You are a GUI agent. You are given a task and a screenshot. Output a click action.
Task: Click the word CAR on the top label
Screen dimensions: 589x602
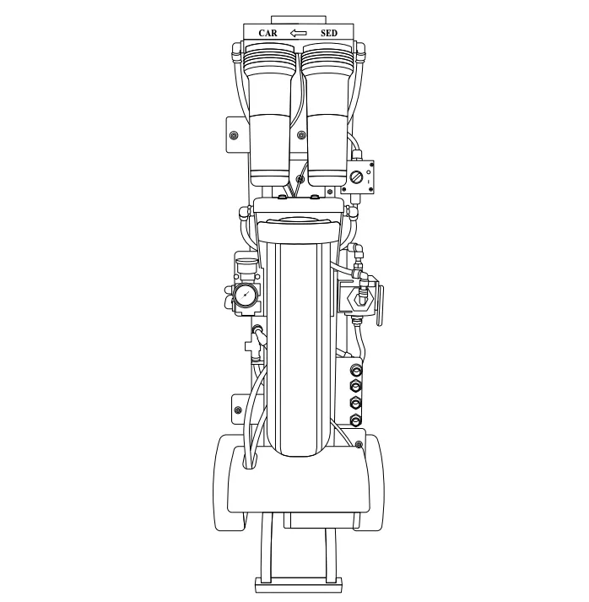[x=267, y=33]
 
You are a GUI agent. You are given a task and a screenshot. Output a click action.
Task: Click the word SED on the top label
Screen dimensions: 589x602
[x=329, y=33]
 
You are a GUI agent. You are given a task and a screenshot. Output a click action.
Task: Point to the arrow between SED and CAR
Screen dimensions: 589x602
[x=298, y=33]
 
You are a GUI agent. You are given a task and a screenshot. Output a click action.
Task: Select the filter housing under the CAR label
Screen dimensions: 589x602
[x=270, y=114]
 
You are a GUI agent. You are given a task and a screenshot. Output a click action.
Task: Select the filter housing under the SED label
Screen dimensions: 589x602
[x=327, y=114]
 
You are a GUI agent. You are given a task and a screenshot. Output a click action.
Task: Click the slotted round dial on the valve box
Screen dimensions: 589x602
[x=356, y=177]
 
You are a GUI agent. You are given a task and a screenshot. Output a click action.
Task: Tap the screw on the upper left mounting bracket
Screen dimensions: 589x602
[x=233, y=135]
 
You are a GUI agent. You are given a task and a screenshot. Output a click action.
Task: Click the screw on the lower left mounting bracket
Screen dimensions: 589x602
[x=238, y=410]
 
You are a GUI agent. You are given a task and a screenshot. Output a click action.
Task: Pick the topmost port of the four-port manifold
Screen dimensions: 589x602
[x=356, y=369]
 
